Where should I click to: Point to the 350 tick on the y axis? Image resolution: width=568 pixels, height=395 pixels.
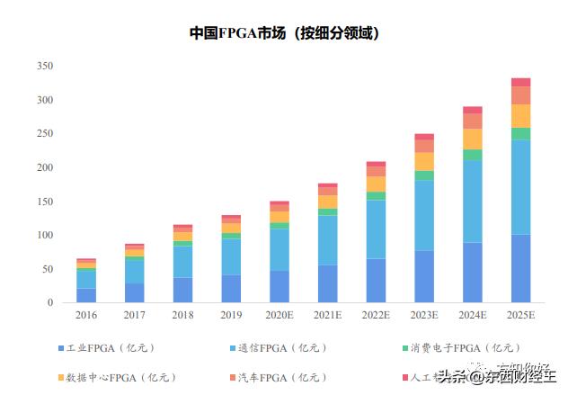point(45,67)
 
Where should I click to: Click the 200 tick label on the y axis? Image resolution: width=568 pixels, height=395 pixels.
point(45,168)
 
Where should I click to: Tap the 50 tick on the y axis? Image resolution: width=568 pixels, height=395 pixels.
point(48,269)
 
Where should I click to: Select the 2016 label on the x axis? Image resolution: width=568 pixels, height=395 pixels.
point(86,316)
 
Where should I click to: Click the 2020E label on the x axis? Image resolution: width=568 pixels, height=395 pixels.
point(280,316)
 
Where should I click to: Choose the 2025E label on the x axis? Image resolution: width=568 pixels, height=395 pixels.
point(520,316)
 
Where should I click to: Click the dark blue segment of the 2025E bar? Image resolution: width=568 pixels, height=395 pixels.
point(520,268)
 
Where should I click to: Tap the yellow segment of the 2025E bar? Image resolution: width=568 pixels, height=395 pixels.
point(520,115)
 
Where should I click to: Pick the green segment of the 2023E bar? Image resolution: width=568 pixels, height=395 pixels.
point(424,175)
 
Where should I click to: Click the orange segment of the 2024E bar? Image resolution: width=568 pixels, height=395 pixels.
point(473,121)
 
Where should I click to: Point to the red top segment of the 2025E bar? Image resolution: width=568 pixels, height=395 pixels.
point(520,82)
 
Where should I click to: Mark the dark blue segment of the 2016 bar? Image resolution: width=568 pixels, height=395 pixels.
point(86,295)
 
